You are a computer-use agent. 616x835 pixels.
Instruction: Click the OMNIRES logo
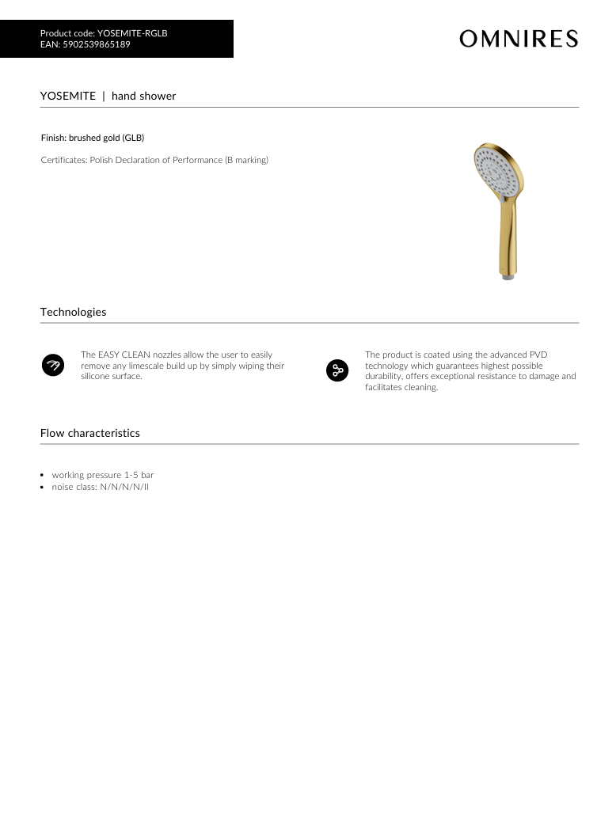(x=519, y=39)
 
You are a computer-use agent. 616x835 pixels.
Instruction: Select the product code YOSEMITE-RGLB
(x=132, y=33)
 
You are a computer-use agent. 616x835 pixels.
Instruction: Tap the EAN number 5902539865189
(x=97, y=44)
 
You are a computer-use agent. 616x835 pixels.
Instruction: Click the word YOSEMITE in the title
(x=68, y=96)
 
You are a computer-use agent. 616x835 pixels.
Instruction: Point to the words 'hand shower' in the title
(x=144, y=96)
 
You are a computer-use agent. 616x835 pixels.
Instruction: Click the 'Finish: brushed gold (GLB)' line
(x=93, y=138)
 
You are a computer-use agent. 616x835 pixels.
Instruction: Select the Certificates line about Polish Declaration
(x=154, y=160)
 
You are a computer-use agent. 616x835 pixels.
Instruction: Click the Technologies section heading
(x=73, y=312)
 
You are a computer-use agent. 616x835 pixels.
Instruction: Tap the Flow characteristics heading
(x=89, y=433)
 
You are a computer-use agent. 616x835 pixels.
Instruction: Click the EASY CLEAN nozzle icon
(x=52, y=366)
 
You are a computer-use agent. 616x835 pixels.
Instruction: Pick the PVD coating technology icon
(x=337, y=370)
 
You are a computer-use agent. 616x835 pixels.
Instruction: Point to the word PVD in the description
(x=538, y=355)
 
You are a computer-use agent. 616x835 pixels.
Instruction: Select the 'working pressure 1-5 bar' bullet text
(x=103, y=475)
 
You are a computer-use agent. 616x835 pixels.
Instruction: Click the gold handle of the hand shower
(x=508, y=237)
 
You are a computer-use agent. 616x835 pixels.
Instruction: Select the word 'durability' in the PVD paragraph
(x=383, y=377)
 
